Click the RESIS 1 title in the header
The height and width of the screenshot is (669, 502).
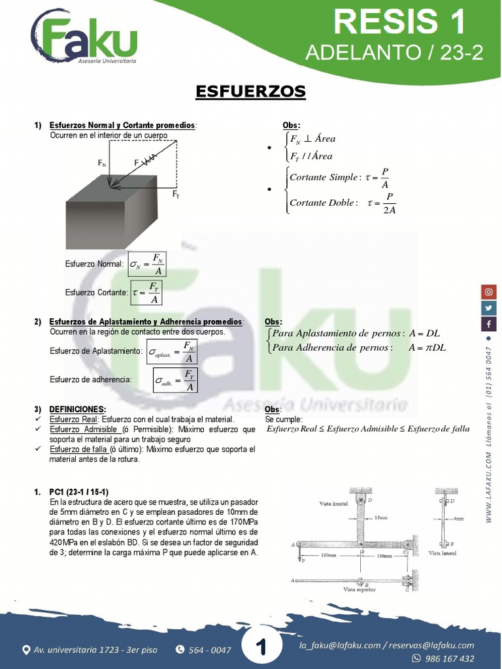[399, 22]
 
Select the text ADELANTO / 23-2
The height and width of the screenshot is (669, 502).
[394, 54]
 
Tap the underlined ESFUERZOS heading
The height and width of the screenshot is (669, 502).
[251, 92]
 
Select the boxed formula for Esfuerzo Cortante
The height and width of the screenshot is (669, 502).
[146, 292]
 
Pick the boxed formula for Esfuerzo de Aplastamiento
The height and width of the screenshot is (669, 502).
[173, 352]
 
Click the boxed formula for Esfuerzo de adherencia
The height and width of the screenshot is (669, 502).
[175, 380]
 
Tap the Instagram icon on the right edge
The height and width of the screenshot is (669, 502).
[489, 292]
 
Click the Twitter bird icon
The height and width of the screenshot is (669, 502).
[489, 308]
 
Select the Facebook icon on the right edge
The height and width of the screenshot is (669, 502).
[489, 324]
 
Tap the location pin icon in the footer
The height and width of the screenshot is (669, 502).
[26, 649]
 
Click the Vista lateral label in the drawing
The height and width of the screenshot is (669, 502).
[443, 553]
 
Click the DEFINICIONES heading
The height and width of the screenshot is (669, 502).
[78, 409]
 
